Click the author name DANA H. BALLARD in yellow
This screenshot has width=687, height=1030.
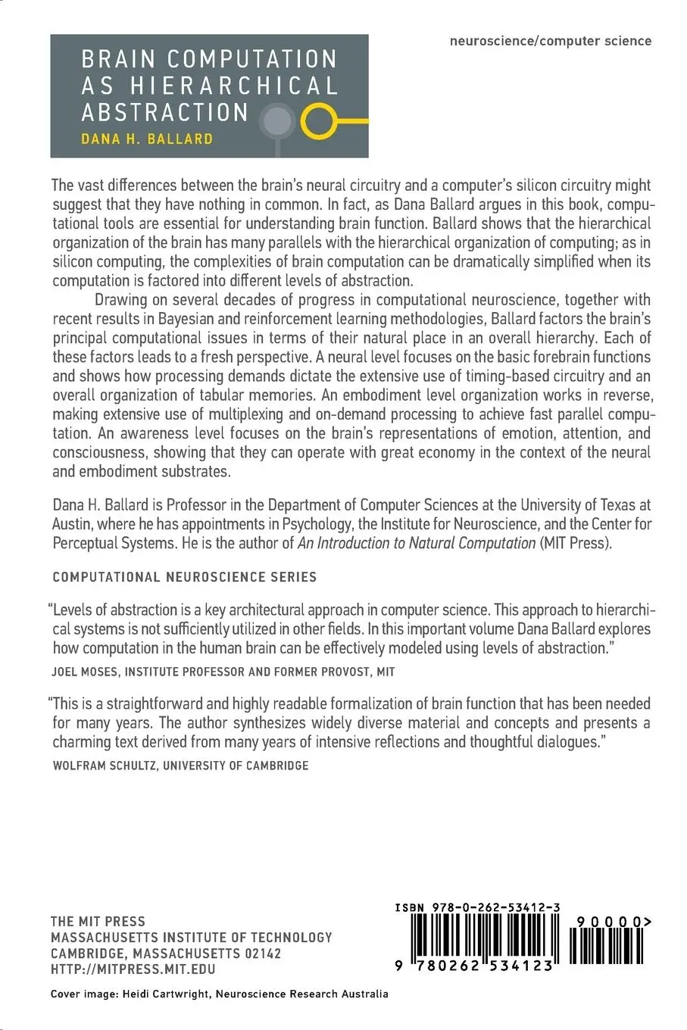pos(147,139)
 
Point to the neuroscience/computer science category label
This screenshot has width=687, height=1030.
pos(550,41)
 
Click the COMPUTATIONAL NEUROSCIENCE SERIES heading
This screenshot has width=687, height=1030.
pos(185,576)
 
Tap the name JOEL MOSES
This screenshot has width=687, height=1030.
pos(86,671)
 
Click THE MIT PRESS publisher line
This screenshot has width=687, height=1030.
pos(98,921)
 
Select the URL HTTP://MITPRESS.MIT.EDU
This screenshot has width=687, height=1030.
pos(133,969)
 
